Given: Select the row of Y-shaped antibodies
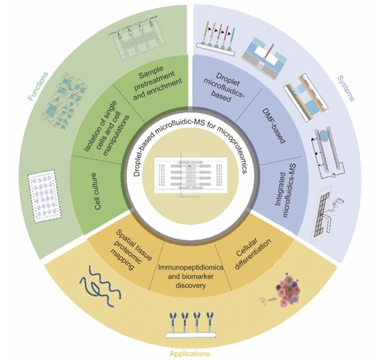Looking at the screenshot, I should [x=190, y=323].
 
